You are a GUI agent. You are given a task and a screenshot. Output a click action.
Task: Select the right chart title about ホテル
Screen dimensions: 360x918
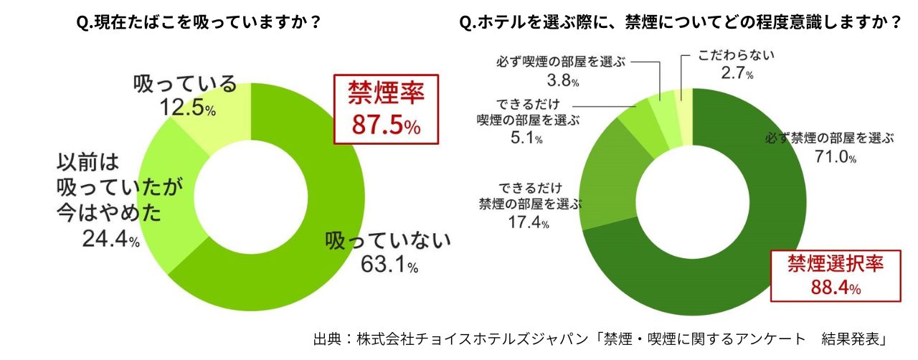(x=680, y=22)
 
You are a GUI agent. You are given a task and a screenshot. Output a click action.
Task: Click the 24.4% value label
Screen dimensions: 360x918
(x=110, y=240)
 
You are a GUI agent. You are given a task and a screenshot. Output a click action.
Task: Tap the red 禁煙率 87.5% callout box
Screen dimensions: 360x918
(x=385, y=109)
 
